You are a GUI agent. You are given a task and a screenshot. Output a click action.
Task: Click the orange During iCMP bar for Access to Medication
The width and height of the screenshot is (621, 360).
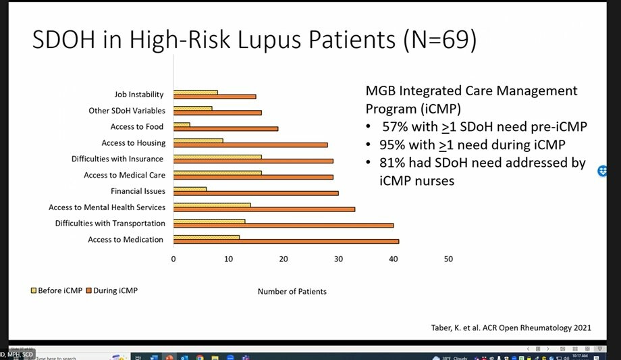(x=286, y=241)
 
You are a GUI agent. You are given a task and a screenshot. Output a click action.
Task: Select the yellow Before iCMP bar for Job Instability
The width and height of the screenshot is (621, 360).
(x=196, y=92)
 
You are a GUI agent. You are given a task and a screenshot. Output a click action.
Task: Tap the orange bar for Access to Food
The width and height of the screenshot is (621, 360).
(x=225, y=128)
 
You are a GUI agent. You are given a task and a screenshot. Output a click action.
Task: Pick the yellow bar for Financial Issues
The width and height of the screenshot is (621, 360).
(x=190, y=189)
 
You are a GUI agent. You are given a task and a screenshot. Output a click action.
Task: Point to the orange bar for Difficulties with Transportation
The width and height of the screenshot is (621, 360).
(x=283, y=225)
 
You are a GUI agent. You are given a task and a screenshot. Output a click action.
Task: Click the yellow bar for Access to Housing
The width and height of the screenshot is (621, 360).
(x=198, y=140)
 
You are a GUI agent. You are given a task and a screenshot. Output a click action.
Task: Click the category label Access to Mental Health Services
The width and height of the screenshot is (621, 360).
(x=107, y=207)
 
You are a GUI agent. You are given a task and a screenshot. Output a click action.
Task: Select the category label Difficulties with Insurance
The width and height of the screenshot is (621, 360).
(x=117, y=159)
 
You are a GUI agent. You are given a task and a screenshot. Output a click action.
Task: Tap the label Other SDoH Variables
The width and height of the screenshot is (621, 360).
(x=126, y=111)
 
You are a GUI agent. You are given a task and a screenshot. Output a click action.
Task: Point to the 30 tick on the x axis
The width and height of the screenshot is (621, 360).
(x=338, y=259)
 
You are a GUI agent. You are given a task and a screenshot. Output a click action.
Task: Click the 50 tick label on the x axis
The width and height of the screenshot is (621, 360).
(x=448, y=259)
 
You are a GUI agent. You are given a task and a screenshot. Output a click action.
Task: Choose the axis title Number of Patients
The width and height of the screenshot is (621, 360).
(x=292, y=292)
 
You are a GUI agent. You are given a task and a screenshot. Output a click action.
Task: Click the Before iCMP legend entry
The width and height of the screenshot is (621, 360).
(x=57, y=290)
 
